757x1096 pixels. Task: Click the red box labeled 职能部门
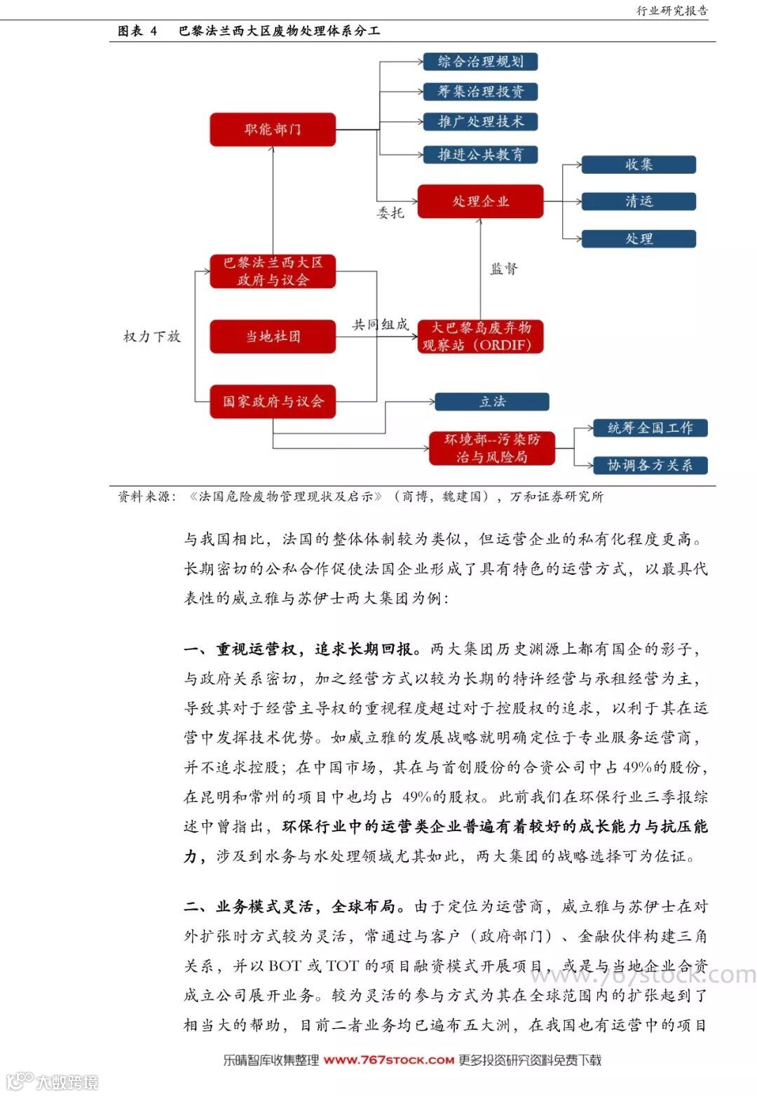pyautogui.click(x=273, y=130)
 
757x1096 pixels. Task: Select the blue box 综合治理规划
pyautogui.click(x=480, y=62)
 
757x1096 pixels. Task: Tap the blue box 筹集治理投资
pyautogui.click(x=480, y=92)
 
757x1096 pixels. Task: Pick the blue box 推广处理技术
pyautogui.click(x=480, y=122)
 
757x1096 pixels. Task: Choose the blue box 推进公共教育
pyautogui.click(x=480, y=154)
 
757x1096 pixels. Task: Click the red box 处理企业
pyautogui.click(x=480, y=201)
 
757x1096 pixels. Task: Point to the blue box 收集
pyautogui.click(x=639, y=165)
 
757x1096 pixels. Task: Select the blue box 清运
pyautogui.click(x=639, y=201)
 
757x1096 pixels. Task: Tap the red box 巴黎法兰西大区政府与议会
pyautogui.click(x=273, y=271)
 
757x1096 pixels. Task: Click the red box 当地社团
pyautogui.click(x=273, y=337)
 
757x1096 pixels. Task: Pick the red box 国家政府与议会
pyautogui.click(x=273, y=402)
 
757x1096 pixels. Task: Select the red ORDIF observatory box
pyautogui.click(x=480, y=337)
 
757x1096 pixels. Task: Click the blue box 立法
pyautogui.click(x=492, y=402)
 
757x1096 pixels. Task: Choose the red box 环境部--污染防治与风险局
pyautogui.click(x=492, y=449)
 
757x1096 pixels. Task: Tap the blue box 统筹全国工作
pyautogui.click(x=650, y=428)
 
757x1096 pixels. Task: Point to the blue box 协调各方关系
pyautogui.click(x=650, y=465)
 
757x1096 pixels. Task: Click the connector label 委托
pyautogui.click(x=390, y=213)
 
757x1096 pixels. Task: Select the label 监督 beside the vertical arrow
pyautogui.click(x=503, y=269)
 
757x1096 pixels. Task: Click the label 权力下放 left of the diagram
pyautogui.click(x=152, y=337)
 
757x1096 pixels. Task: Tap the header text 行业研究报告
pyautogui.click(x=671, y=11)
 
